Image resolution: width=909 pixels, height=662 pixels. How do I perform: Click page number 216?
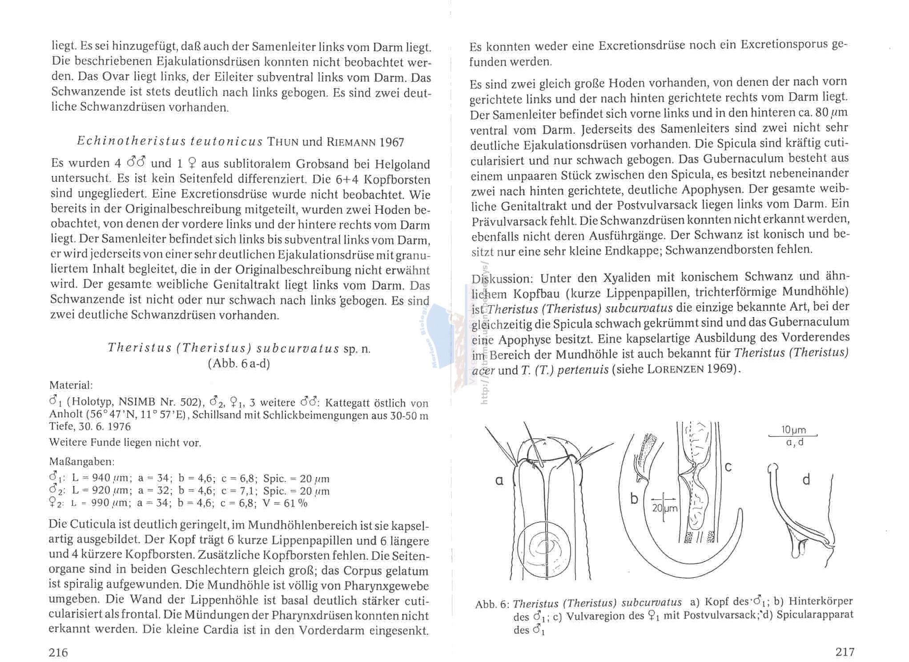[x=58, y=652]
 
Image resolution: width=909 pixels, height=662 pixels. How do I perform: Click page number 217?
[x=845, y=652]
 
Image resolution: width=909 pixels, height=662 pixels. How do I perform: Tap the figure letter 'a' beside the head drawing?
[x=499, y=481]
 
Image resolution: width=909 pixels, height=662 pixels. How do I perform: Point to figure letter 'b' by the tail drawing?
[x=634, y=499]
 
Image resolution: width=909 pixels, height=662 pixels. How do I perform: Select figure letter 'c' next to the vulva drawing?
[x=728, y=467]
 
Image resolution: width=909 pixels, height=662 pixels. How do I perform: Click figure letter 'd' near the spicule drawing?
[x=806, y=480]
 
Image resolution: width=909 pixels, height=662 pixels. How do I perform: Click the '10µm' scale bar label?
[x=793, y=430]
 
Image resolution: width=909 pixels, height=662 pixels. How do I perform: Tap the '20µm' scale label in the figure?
[x=665, y=508]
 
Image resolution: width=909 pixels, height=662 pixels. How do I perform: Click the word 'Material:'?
[x=71, y=385]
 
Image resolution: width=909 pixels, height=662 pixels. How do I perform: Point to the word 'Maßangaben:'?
[x=82, y=461]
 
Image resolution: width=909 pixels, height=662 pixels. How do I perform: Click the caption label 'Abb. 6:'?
[x=492, y=604]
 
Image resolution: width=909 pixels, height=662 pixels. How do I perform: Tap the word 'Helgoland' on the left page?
[x=402, y=164]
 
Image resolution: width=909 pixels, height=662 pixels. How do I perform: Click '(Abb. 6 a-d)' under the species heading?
[x=239, y=364]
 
